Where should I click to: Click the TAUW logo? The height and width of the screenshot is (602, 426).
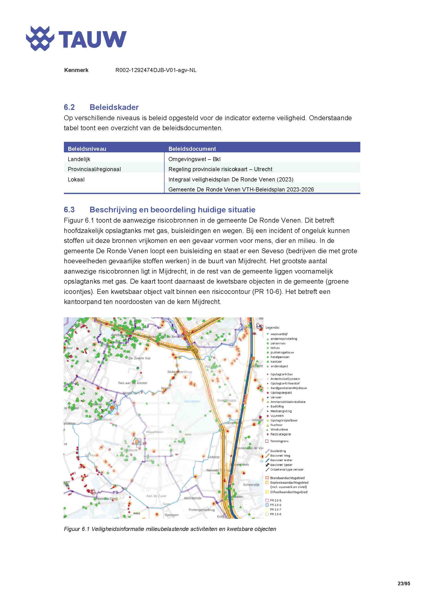coord(76,39)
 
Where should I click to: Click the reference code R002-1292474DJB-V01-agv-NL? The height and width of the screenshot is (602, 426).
coord(156,70)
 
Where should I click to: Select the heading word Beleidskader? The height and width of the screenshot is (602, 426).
coord(114,107)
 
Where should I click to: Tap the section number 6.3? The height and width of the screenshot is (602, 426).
coord(69,210)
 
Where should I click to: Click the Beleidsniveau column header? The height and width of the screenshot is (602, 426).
coord(87,149)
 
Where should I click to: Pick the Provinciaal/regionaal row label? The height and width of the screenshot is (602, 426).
coord(94,169)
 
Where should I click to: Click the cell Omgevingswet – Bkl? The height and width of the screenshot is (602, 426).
coord(194,159)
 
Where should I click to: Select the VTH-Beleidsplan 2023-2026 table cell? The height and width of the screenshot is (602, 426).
coord(241,189)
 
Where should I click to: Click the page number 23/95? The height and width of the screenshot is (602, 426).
coord(403,583)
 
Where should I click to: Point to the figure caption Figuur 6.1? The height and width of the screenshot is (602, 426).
coord(76,529)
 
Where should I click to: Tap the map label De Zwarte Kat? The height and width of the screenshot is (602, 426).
coord(139,358)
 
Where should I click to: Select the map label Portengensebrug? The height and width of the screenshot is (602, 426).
coord(201,510)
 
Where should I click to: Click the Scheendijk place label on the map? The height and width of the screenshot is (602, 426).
coord(251,485)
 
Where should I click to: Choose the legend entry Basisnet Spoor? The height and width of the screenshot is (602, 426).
coord(281,465)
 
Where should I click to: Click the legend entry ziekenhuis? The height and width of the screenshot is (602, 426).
coord(278,343)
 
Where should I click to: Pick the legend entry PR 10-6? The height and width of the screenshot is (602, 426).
coord(275,505)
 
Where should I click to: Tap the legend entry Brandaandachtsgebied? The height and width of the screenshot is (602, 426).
coord(287,478)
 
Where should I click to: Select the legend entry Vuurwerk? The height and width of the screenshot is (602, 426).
coord(277,416)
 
